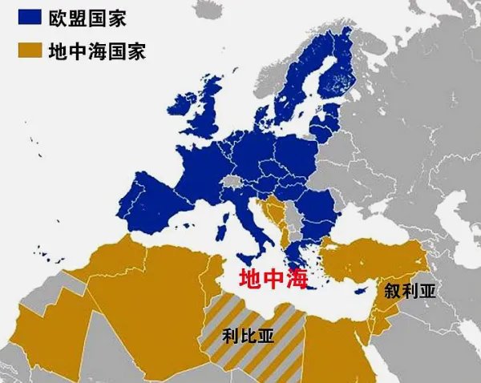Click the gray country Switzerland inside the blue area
tap(232, 181)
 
